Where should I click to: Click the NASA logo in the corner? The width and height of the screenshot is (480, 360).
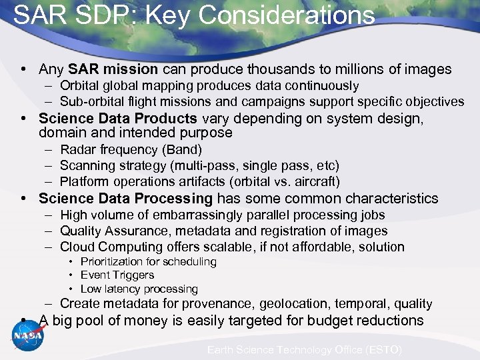[27, 335]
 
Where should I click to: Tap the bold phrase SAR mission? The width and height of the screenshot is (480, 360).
[113, 69]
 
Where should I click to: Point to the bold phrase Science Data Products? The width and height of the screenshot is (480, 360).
[118, 119]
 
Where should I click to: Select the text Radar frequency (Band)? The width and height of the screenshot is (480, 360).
[131, 149]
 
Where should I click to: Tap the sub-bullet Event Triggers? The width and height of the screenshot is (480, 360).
[117, 275]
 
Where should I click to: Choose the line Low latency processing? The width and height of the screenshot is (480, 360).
[139, 289]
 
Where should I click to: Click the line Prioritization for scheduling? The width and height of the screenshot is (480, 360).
[148, 261]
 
